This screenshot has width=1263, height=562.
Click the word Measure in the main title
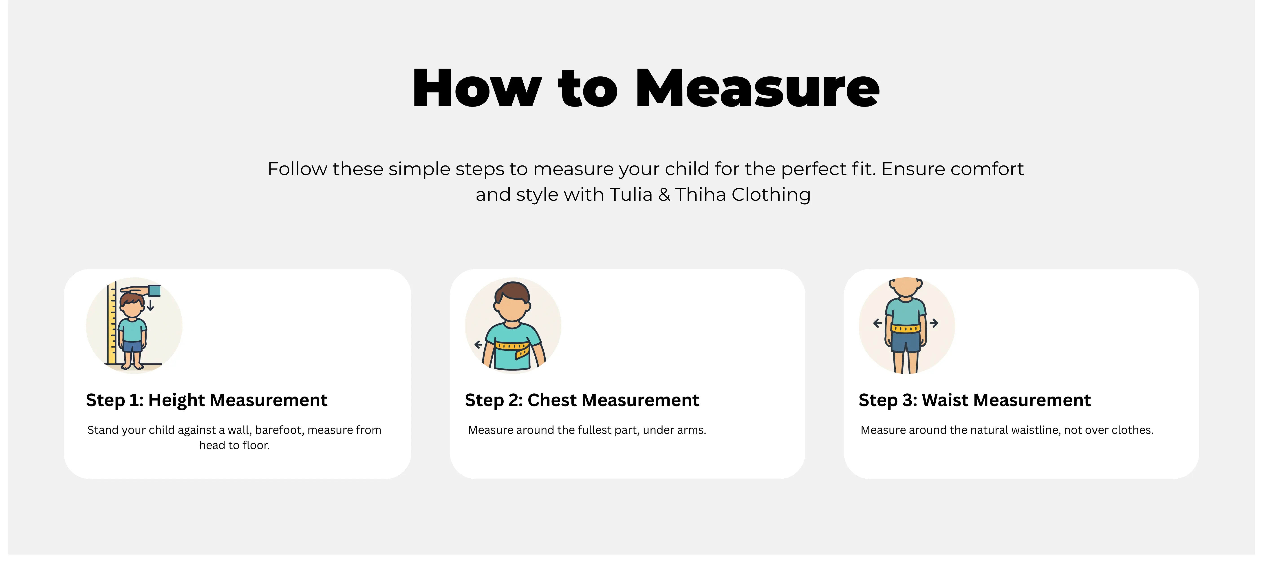coord(758,88)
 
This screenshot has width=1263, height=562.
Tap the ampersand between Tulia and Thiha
coord(664,195)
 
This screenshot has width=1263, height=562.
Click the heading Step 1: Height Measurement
coord(206,400)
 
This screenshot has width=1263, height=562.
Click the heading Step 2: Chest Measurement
coord(582,400)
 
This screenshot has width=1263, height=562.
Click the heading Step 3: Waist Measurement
coord(975,400)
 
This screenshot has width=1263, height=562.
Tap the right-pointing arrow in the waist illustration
coord(934,323)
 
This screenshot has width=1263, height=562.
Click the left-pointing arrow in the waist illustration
coord(878,323)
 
